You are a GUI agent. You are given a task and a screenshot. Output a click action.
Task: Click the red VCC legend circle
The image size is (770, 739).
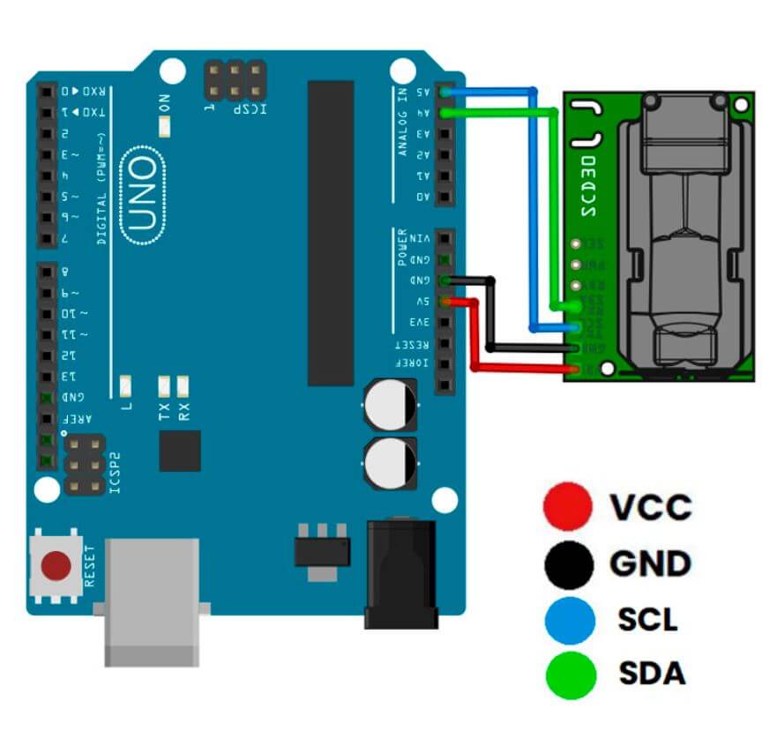[x=568, y=506]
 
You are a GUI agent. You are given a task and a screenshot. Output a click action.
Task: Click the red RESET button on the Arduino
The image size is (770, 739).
[x=56, y=565]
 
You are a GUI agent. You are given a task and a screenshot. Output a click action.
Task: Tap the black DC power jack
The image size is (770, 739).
[x=401, y=573]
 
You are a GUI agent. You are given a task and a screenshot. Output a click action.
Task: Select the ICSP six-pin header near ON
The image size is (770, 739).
[x=235, y=80]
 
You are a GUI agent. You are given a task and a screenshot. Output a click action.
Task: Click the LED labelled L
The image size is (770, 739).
[x=125, y=385]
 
